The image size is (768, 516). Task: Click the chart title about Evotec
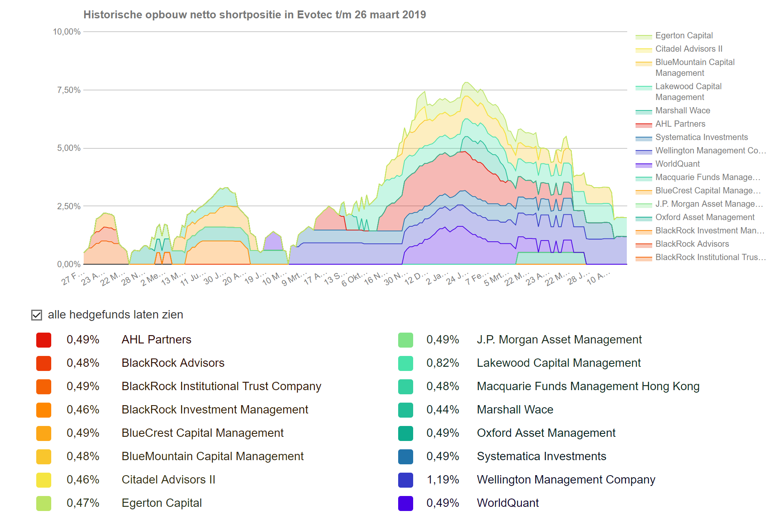coord(254,15)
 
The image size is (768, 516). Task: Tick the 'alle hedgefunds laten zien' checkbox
coord(37,315)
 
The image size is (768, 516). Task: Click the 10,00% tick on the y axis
coord(67,32)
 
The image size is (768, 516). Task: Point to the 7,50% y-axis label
coord(69,90)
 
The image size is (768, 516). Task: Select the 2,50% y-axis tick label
coord(69,206)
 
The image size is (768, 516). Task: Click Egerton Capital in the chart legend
coord(684,35)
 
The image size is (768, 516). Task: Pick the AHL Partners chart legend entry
coord(680,124)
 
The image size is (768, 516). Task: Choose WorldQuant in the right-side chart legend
coord(677,164)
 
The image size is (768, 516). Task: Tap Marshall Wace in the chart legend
coord(683,110)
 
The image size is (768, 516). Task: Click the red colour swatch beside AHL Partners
coord(44,340)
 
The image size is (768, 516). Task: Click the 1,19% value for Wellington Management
coord(443,480)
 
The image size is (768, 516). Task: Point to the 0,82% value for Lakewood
coord(443,363)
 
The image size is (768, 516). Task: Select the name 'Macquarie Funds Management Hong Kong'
coord(588,386)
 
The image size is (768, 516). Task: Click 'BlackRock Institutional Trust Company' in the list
coord(221,386)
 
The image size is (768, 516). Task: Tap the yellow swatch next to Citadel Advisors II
coord(44,480)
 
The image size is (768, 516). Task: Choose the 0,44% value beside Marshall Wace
coord(443,410)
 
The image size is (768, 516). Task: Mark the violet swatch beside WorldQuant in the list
coord(406,503)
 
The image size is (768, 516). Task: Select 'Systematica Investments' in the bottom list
coord(541,456)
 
